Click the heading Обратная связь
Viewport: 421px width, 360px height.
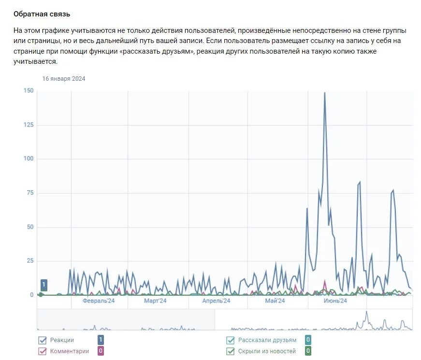click(42, 14)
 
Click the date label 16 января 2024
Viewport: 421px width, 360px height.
click(63, 79)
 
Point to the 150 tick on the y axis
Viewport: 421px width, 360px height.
click(29, 91)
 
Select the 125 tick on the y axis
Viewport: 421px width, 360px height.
click(29, 125)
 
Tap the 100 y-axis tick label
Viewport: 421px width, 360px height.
click(29, 159)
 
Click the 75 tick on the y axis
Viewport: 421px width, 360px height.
click(30, 193)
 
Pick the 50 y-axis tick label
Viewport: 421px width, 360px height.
click(30, 227)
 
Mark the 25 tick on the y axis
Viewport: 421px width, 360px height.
click(30, 261)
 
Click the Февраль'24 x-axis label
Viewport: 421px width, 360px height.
click(98, 301)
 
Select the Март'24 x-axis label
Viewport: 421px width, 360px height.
click(155, 301)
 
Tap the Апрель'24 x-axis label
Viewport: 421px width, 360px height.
click(216, 301)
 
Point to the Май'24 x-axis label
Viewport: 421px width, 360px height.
click(275, 301)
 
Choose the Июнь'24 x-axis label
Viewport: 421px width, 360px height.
click(335, 301)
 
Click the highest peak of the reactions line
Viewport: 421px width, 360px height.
click(324, 92)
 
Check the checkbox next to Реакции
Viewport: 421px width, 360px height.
click(42, 340)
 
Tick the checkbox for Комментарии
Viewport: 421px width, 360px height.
click(42, 351)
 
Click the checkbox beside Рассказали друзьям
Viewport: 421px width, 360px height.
click(230, 340)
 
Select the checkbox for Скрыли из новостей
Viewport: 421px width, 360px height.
click(230, 351)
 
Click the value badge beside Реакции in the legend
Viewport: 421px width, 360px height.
click(101, 340)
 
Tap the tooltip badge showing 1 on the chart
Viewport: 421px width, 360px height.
click(44, 285)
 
